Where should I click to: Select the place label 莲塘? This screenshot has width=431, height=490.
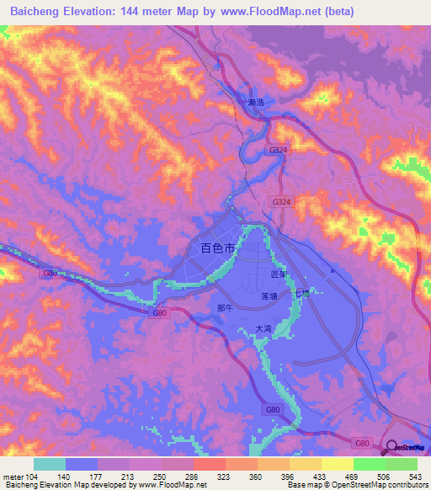269,297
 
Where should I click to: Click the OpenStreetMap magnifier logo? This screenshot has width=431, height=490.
391,448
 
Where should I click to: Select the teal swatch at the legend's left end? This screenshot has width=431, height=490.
50,464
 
